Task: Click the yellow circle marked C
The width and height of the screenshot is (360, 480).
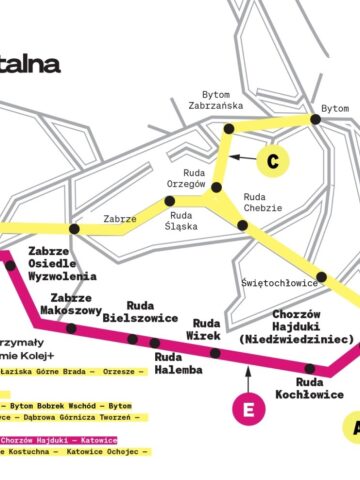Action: click(x=271, y=158)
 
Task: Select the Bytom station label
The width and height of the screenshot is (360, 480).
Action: click(x=335, y=107)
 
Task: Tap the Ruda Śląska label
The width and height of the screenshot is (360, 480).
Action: click(x=181, y=221)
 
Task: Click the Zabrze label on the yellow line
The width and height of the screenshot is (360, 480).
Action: click(x=119, y=220)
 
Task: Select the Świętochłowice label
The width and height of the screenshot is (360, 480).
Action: click(x=279, y=283)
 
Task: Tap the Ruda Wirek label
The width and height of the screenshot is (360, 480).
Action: click(x=206, y=330)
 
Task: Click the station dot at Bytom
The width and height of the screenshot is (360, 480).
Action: click(x=315, y=119)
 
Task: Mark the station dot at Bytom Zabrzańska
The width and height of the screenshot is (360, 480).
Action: click(x=228, y=129)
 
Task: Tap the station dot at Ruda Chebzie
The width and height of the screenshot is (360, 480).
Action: click(x=243, y=226)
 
